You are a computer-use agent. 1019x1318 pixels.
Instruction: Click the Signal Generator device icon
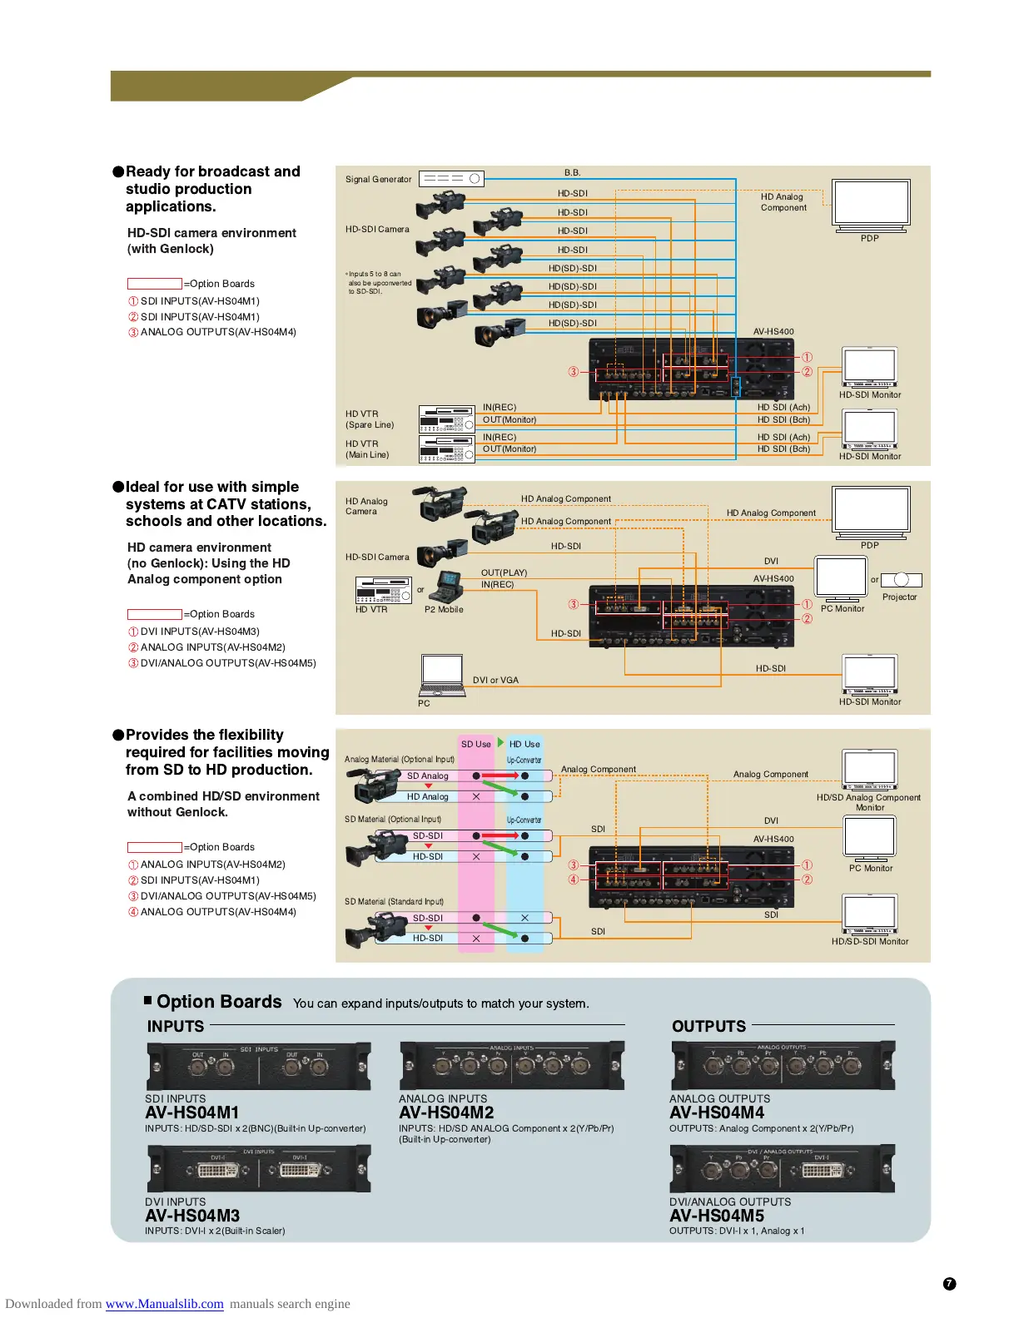coord(451,178)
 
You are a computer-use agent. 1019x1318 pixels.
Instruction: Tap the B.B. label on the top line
coord(572,173)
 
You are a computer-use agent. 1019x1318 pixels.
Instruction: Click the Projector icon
coord(901,580)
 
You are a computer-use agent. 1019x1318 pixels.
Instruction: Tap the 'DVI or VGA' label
coord(495,680)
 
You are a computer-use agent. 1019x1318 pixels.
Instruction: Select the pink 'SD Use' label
coord(476,744)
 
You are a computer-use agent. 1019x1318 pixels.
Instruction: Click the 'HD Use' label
coord(524,744)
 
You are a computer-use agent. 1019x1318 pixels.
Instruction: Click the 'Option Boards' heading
coord(219,1002)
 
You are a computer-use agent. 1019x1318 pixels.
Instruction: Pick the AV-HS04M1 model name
coord(192,1112)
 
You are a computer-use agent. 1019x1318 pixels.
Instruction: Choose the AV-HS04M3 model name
coord(192,1216)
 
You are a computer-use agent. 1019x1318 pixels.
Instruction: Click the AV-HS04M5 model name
coord(717,1216)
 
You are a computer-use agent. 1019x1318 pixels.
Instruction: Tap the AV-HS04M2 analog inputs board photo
coord(511,1065)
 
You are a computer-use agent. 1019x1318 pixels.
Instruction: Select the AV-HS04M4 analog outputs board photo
coord(783,1065)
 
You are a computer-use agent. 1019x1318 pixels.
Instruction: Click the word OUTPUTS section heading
coord(708,1026)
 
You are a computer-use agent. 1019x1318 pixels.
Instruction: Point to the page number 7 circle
coord(949,1284)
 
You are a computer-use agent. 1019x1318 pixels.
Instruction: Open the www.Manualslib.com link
coord(164,1304)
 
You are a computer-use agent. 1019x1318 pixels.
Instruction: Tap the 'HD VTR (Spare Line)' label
coord(370,419)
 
